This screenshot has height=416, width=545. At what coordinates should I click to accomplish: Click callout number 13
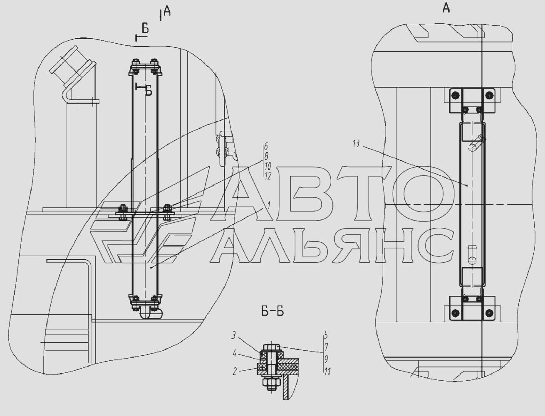point(356,144)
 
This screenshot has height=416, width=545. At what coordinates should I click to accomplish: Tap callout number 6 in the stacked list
point(266,147)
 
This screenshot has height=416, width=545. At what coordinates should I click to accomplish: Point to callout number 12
point(268,176)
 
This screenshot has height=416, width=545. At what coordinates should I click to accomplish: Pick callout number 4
point(234,354)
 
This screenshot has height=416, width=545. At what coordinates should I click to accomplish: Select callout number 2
point(235,372)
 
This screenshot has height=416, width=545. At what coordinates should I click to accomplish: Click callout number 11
point(327,372)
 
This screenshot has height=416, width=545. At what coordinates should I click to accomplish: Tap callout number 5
point(326,335)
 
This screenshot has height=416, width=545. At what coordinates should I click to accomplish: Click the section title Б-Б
point(272,312)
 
